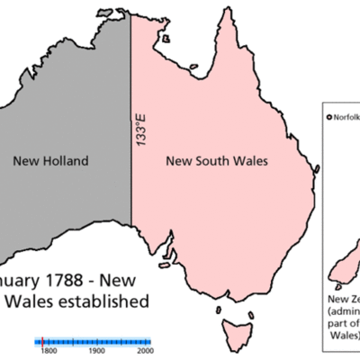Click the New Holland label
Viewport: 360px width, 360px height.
(x=50, y=162)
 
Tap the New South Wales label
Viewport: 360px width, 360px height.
(x=220, y=162)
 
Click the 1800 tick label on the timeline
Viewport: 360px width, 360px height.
(x=49, y=352)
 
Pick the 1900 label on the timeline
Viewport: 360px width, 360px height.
(x=97, y=352)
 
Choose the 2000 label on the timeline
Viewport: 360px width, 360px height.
(x=144, y=352)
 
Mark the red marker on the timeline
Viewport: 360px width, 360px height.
(x=43, y=341)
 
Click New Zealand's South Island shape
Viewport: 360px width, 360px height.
(x=340, y=265)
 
